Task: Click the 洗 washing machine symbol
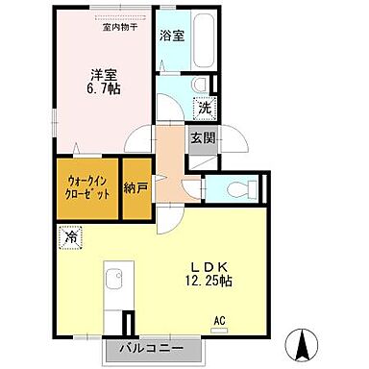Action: click(205, 110)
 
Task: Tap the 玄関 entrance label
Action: click(202, 137)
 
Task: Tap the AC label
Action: click(219, 320)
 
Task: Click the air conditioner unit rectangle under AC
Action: click(220, 331)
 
